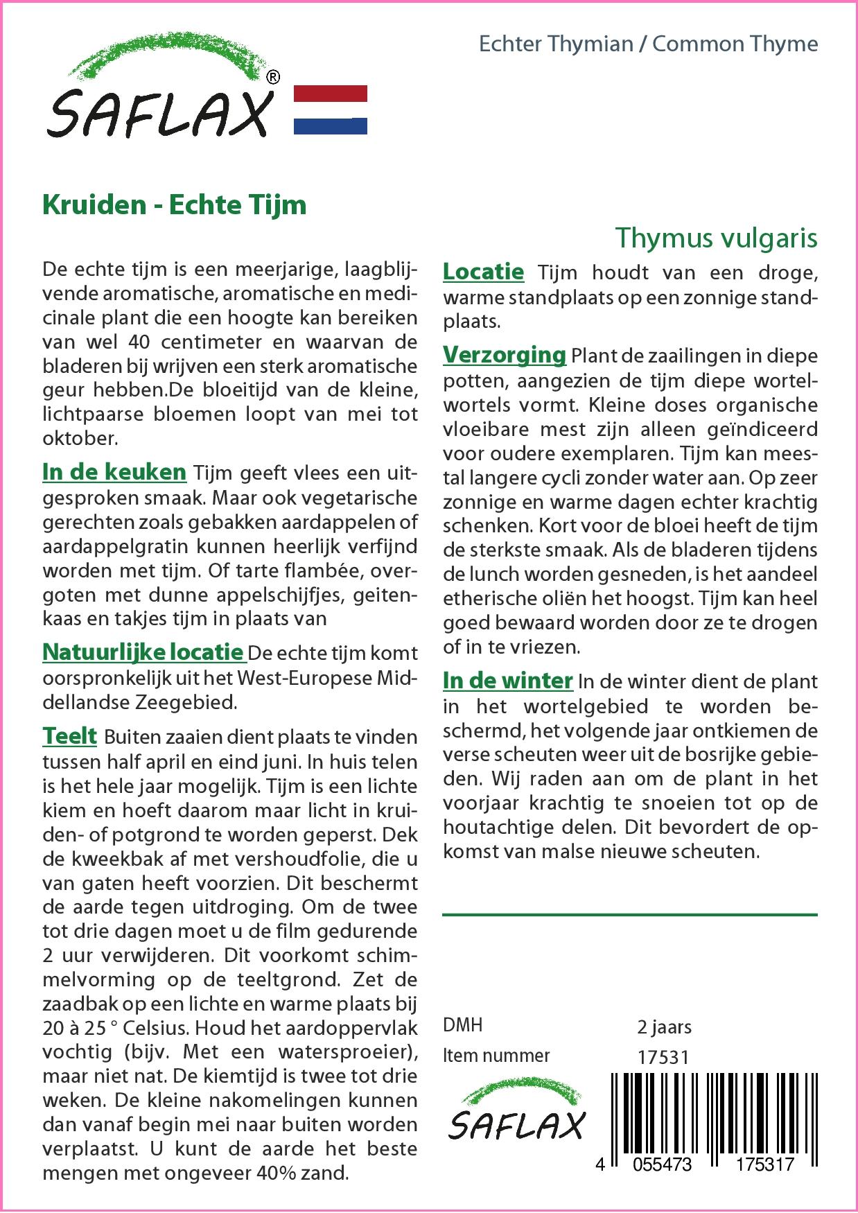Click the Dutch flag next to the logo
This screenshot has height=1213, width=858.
pos(331,110)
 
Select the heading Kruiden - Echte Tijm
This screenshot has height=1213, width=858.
pos(174,204)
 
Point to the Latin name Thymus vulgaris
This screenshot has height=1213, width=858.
pos(716,238)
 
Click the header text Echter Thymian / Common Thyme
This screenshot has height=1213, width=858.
pos(648,44)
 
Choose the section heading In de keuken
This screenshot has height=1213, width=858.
pos(114,472)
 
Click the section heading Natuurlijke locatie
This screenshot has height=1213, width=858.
pos(143,652)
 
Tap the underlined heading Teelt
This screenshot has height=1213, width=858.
pos(69,735)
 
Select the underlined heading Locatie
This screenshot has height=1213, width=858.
pos(483,272)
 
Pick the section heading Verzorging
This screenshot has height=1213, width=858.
pos(505,355)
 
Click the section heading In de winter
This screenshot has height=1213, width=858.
pos(507,681)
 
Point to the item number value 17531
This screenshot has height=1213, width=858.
pos(663,1057)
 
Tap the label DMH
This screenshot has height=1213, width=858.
pos(462,1025)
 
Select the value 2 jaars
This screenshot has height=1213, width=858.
pos(664,1027)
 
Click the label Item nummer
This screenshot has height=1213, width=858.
pos(496,1056)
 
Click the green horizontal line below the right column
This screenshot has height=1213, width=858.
pos(629,915)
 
